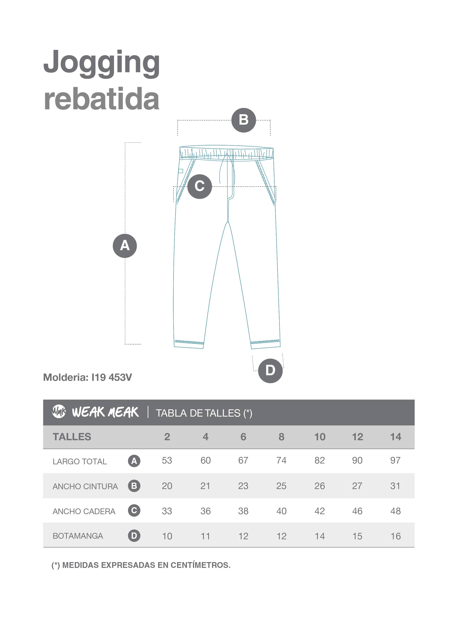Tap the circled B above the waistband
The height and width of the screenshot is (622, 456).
pos(244,120)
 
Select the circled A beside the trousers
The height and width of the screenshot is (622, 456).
pos(125,246)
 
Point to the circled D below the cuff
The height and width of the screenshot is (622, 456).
pos(270,370)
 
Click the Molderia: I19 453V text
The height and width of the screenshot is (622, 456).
pos(88,377)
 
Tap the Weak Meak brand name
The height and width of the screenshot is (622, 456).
pos(105,412)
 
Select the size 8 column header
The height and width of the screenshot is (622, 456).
pos(281,437)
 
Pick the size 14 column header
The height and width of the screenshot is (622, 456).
pos(395,437)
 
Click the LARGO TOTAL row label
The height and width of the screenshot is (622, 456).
pos(79,461)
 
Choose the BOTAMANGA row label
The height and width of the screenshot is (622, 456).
pos(78,536)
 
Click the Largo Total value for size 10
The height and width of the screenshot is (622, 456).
pos(319,460)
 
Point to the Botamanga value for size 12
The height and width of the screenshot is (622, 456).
pos(357,536)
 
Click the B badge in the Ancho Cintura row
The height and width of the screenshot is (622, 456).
pos(134,486)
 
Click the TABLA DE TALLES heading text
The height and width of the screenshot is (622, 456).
pos(204,413)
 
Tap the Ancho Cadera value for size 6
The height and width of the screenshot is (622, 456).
pos(243,511)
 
